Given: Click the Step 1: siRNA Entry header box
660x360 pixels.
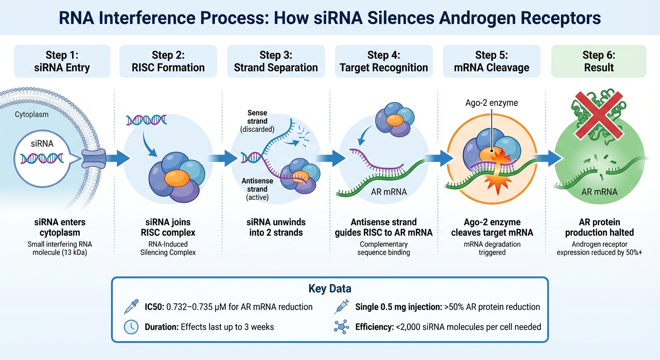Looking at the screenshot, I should [x=62, y=61].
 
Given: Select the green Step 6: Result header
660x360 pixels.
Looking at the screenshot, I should [x=599, y=61].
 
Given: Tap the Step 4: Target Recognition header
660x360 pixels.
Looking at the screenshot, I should [x=384, y=61].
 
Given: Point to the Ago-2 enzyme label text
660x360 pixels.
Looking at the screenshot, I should [x=491, y=103].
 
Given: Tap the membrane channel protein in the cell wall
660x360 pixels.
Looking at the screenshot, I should [x=93, y=159].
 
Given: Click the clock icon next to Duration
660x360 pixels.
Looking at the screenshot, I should [x=130, y=326].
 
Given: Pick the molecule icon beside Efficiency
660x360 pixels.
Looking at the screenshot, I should [x=341, y=326].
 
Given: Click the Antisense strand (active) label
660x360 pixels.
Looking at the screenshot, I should [x=257, y=189].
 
